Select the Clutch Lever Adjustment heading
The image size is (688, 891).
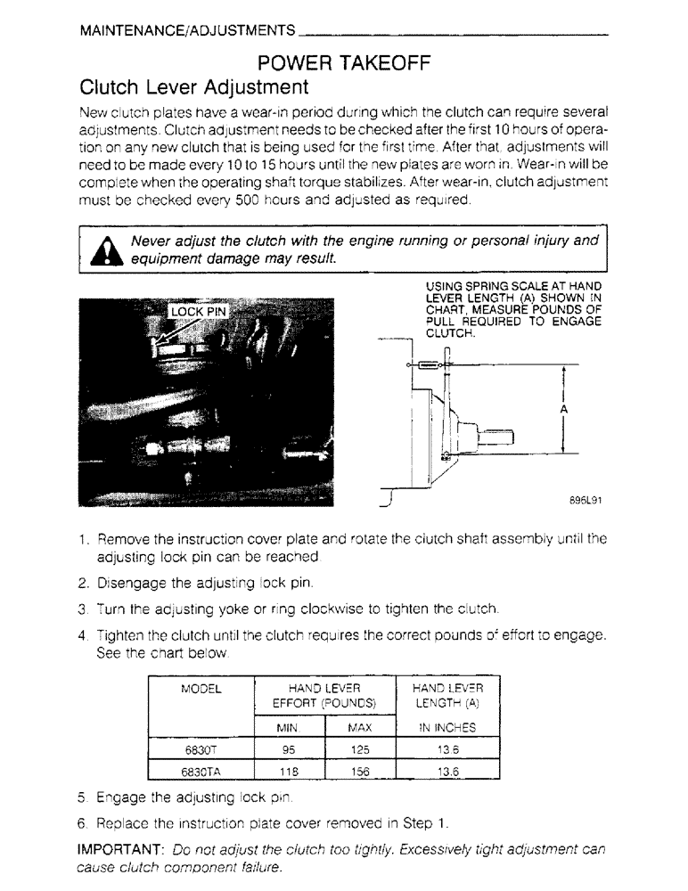click(194, 88)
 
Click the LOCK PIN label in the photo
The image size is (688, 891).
click(199, 311)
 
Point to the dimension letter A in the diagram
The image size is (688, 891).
click(564, 409)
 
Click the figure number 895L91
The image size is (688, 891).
click(586, 501)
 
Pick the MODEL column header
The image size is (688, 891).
click(201, 689)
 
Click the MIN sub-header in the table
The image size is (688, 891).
click(288, 728)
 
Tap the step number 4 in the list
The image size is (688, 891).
click(82, 636)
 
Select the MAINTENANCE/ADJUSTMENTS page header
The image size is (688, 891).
click(187, 31)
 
